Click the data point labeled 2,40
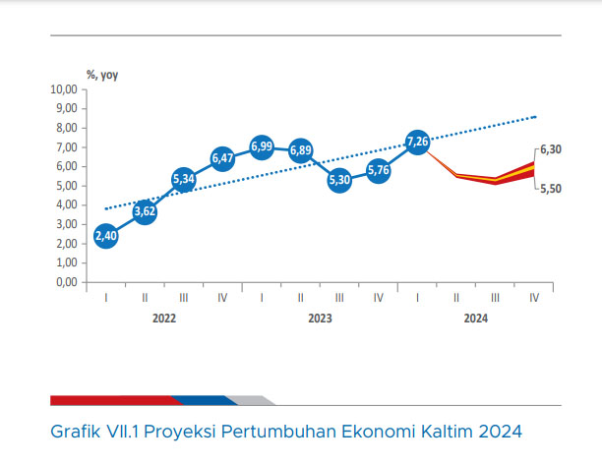[x=106, y=236]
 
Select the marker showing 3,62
[x=145, y=211]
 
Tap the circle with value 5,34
[x=184, y=179]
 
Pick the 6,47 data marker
[x=222, y=158]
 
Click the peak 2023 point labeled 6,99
[x=262, y=146]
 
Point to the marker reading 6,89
[x=301, y=150]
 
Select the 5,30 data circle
[x=339, y=180]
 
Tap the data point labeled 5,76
[x=379, y=170]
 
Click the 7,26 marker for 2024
[x=417, y=142]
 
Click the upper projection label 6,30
[x=551, y=149]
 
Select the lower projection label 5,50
[x=551, y=189]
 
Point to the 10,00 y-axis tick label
[x=64, y=89]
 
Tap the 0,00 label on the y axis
[x=67, y=282]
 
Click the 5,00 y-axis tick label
[x=67, y=186]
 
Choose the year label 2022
[x=164, y=319]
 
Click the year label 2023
[x=321, y=319]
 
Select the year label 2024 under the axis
[x=476, y=319]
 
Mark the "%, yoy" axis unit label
[x=102, y=75]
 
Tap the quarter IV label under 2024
[x=534, y=298]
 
